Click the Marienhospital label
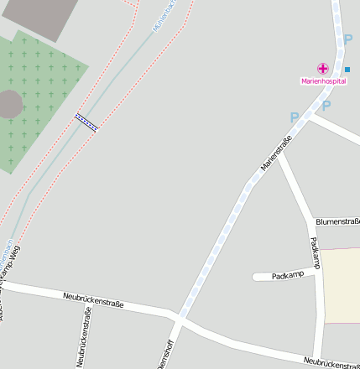pyautogui.click(x=323, y=81)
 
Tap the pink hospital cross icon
pyautogui.click(x=322, y=69)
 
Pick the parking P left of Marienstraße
pyautogui.click(x=294, y=117)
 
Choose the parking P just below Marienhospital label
pyautogui.click(x=326, y=106)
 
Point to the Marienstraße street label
pyautogui.click(x=275, y=153)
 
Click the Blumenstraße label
pyautogui.click(x=337, y=221)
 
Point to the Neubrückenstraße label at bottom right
pyautogui.click(x=331, y=362)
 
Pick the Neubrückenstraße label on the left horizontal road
pyautogui.click(x=93, y=299)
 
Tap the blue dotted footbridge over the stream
pyautogui.click(x=86, y=122)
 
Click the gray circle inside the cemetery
pyautogui.click(x=8, y=105)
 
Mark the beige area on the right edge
pyautogui.click(x=342, y=285)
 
